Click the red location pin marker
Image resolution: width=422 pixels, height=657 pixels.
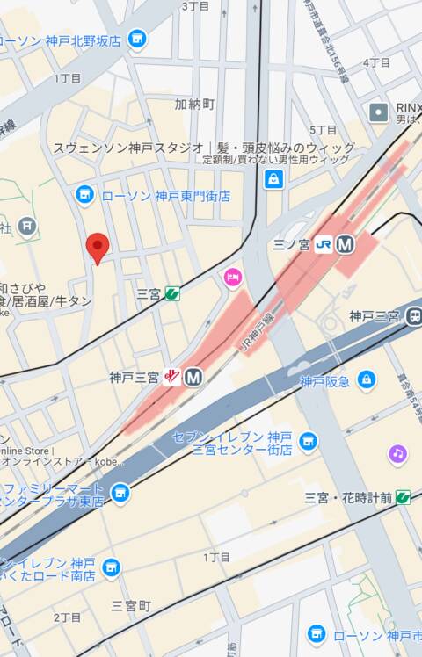[97, 246]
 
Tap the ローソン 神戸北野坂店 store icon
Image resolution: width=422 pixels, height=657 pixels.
[136, 40]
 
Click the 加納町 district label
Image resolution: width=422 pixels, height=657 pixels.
[194, 104]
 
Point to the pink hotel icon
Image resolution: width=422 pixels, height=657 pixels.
[232, 278]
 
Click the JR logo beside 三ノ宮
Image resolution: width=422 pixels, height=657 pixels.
[324, 245]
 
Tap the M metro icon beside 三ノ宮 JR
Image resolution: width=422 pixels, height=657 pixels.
[345, 245]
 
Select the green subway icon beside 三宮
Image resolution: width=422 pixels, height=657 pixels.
[172, 293]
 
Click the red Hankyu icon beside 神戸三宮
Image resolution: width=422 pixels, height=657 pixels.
[172, 378]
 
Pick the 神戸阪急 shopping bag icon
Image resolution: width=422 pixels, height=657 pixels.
[367, 380]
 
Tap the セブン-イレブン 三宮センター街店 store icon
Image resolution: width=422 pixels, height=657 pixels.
[307, 441]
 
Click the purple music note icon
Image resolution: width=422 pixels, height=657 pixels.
[398, 454]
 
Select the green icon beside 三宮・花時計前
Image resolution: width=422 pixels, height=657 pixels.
[403, 498]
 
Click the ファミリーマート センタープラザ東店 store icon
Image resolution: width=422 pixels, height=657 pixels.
[120, 494]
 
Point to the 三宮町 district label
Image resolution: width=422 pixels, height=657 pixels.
[132, 606]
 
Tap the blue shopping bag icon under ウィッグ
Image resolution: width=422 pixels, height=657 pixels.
[274, 179]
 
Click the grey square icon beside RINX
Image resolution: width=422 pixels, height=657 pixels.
[379, 112]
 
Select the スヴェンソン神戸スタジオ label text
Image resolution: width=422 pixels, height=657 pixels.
[128, 148]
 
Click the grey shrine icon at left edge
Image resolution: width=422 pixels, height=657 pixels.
[27, 226]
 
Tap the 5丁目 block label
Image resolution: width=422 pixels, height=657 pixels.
[324, 130]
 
